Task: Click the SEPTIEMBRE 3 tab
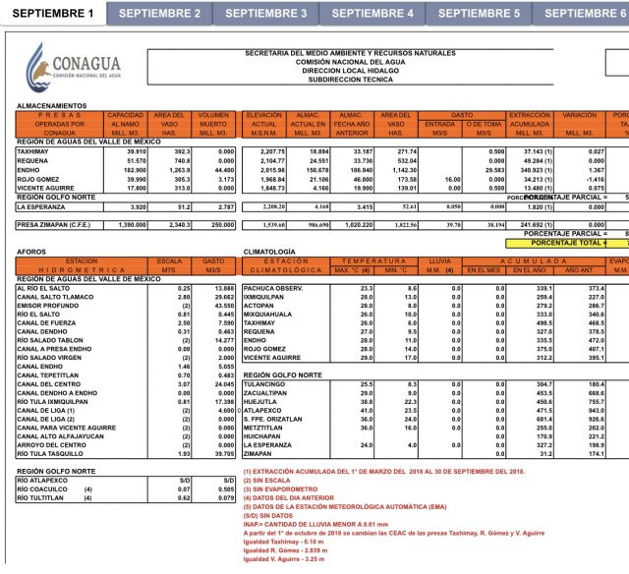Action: tap(265, 13)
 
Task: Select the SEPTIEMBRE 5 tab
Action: tap(479, 13)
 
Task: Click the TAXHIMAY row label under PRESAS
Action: tap(33, 151)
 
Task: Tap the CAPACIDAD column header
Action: tap(125, 116)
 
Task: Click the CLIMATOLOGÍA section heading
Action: tap(270, 252)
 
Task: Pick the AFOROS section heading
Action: tap(30, 252)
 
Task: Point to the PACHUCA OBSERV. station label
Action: tap(278, 287)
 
